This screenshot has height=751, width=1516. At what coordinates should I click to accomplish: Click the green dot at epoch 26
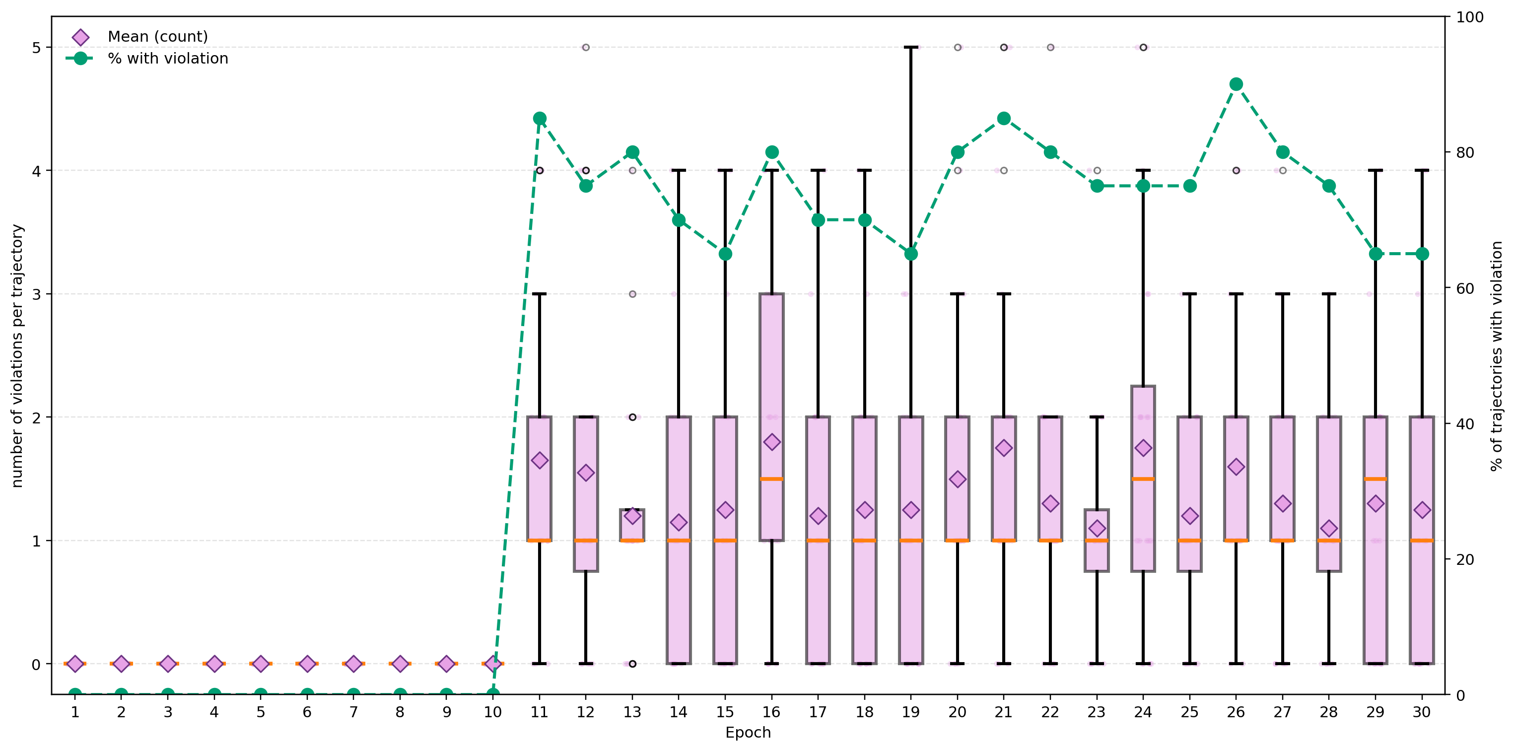point(1236,84)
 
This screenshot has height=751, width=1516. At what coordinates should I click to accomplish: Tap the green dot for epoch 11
point(540,118)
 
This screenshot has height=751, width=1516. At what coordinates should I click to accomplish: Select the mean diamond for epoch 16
point(771,442)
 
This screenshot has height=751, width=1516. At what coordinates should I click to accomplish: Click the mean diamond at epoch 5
point(261,664)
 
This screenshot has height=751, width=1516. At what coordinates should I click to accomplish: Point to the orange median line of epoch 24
point(1143,479)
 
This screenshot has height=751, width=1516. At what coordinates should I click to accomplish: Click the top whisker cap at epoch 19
point(911,47)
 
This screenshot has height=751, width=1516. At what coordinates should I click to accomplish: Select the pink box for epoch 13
point(632,525)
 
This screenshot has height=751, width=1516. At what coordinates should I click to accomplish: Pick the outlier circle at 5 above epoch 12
point(586,47)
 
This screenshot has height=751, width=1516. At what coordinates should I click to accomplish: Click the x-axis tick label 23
point(1097,712)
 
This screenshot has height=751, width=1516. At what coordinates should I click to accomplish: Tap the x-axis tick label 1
point(75,712)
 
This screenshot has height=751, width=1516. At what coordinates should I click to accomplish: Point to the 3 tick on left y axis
point(37,294)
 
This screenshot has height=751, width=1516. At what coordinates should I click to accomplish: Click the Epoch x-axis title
point(748,733)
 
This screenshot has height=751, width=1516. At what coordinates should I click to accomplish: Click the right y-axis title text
point(1497,355)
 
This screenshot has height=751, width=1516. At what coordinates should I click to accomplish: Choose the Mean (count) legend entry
point(157,37)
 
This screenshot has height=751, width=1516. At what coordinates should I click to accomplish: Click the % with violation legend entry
point(167,58)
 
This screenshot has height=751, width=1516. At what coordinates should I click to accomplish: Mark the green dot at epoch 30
point(1422,254)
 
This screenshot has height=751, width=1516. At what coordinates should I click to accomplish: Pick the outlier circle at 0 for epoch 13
point(632,664)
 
